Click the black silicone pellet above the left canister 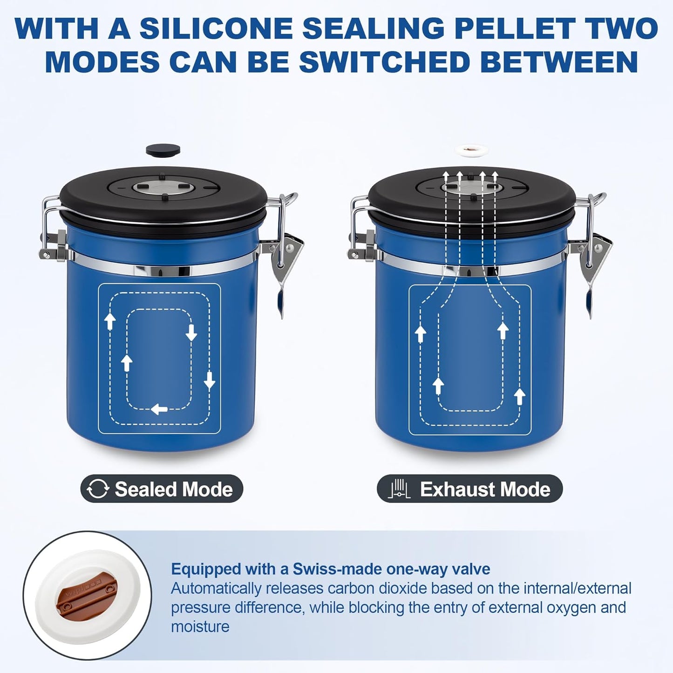pyautogui.click(x=163, y=150)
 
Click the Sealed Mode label pyautogui.click(x=173, y=489)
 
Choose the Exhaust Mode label pyautogui.click(x=485, y=489)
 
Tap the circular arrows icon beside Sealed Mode pyautogui.click(x=98, y=489)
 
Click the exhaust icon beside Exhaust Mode pyautogui.click(x=399, y=489)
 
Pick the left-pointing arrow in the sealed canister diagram pyautogui.click(x=160, y=409)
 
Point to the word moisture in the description pyautogui.click(x=200, y=627)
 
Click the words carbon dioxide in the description pyautogui.click(x=377, y=588)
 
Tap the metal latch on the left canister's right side pyautogui.click(x=286, y=252)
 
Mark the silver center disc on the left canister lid pyautogui.click(x=163, y=189)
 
